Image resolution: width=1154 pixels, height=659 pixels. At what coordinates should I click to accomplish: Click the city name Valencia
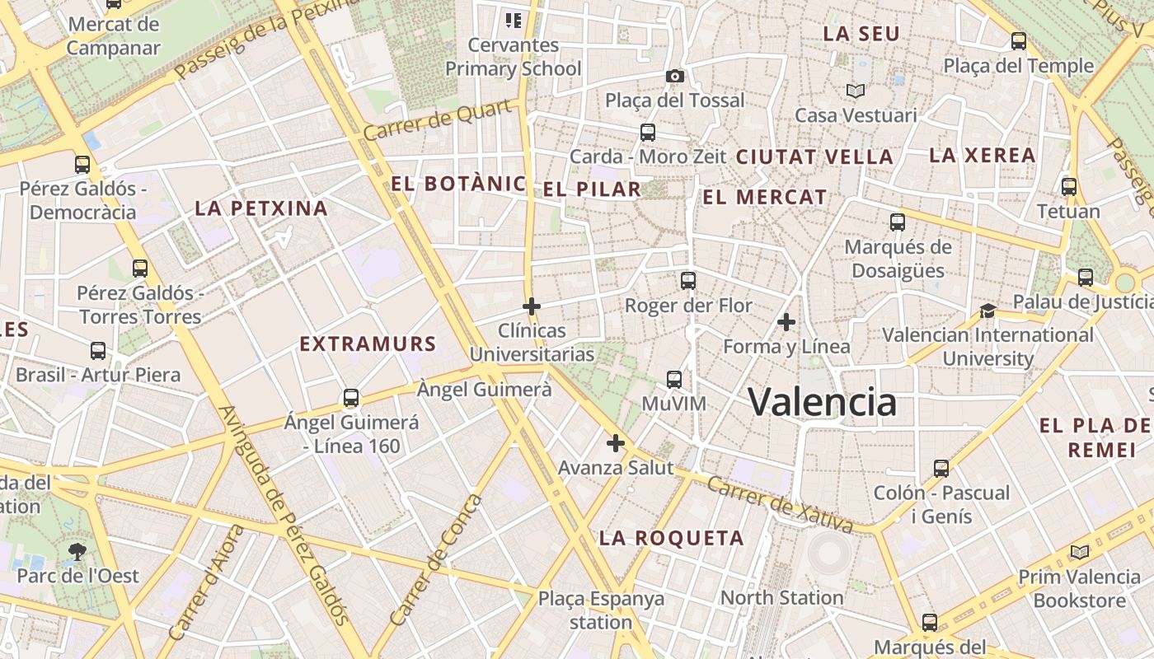(822, 402)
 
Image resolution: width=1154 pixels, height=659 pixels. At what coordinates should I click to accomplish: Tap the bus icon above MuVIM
(674, 380)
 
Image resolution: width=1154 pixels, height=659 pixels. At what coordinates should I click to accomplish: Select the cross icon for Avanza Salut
(615, 443)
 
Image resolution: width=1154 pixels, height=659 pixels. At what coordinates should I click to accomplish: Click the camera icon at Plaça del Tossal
(674, 77)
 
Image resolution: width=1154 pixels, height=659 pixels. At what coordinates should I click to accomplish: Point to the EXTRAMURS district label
(368, 344)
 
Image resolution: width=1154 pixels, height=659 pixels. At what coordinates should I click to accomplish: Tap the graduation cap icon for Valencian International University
(987, 311)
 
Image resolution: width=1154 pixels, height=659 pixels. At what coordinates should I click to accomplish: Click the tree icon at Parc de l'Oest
(77, 551)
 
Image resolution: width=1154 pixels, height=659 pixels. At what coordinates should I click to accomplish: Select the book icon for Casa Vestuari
(856, 91)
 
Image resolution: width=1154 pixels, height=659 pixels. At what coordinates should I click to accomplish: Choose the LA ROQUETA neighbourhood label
(671, 538)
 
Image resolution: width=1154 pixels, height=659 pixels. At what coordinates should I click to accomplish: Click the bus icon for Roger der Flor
(688, 281)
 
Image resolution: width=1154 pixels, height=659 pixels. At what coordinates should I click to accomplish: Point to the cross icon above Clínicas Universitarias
(532, 306)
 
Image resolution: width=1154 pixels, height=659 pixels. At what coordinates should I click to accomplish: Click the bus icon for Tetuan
(1069, 187)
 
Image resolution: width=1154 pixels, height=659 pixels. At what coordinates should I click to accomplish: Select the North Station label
(781, 597)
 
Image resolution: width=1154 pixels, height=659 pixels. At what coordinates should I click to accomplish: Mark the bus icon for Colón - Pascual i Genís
(941, 469)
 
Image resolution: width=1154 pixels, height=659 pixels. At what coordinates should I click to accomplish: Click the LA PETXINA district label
(261, 208)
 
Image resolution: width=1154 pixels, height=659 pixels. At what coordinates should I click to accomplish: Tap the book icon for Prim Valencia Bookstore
(1079, 552)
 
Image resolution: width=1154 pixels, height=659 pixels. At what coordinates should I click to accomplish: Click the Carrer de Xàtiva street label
(780, 504)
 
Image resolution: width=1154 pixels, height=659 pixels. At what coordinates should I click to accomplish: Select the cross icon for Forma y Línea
(786, 321)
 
